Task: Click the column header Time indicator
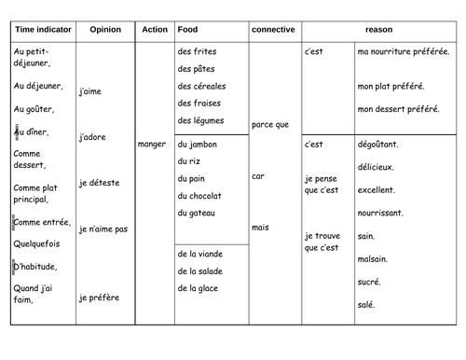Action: pos(40,30)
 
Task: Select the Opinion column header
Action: pos(104,30)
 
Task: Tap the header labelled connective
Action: pos(275,30)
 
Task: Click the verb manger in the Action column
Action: pos(151,145)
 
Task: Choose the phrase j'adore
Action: pos(96,137)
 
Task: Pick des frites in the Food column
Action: pos(197,51)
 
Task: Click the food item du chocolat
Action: pos(200,195)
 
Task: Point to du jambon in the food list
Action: pos(199,144)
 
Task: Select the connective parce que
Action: pos(270,124)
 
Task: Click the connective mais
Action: pos(261,227)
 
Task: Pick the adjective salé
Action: pos(366,304)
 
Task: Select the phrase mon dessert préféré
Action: pos(398,108)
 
